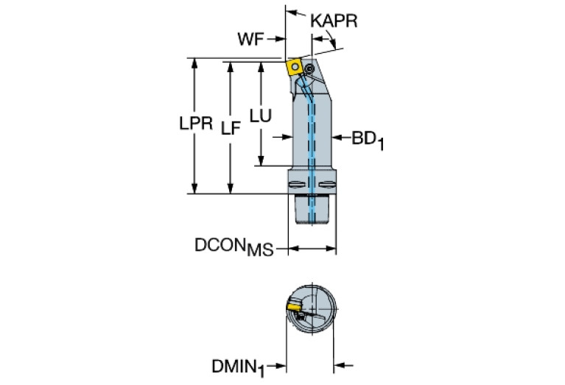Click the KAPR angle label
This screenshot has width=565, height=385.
(334, 21)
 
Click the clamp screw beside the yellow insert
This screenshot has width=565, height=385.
(309, 69)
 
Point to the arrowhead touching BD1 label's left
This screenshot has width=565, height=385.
(337, 137)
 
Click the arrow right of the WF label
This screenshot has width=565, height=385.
(278, 40)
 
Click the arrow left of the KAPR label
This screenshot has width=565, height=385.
(292, 13)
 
